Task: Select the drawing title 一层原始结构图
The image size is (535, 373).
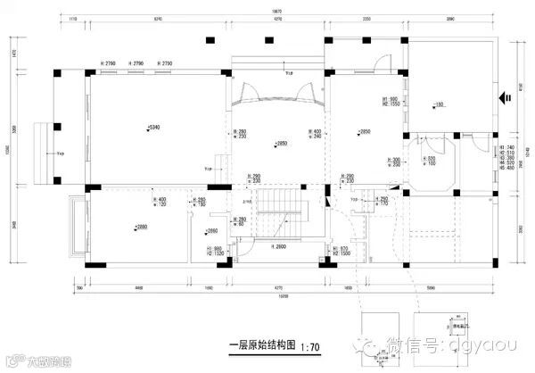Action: click(257, 344)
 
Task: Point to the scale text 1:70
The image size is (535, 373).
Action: click(305, 344)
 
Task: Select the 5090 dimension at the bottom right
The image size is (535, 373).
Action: click(432, 288)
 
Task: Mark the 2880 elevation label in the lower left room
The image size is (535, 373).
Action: click(143, 227)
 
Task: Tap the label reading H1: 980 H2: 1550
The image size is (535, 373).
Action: click(390, 103)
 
